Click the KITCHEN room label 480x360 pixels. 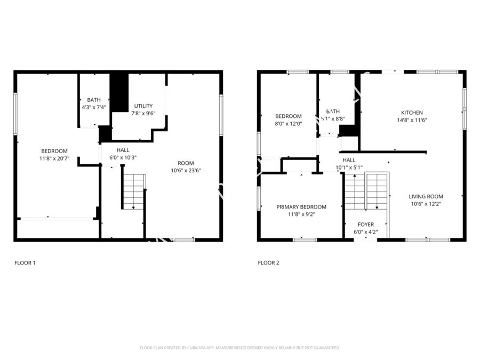pos(412,113)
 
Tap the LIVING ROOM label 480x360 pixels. pos(426,196)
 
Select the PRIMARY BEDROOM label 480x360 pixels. pos(301,207)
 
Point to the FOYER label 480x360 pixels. pos(365,225)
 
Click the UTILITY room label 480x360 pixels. pos(143,106)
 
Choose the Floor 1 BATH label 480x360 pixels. pos(94,100)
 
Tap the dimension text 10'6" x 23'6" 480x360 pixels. pos(182,171)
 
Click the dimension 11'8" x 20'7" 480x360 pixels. pos(54,158)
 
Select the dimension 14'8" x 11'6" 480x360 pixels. pos(412,120)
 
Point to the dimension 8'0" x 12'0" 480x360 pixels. pos(288,124)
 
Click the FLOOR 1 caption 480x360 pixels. pos(25,262)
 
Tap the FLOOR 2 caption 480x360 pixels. pos(268,262)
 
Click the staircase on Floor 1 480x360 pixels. pos(133,190)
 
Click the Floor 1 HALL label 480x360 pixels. pos(123,150)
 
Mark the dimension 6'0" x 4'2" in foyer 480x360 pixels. pos(365,232)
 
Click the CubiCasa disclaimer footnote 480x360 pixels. pos(239,348)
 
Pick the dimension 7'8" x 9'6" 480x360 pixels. pos(143,113)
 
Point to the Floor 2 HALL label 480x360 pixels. pos(349,160)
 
